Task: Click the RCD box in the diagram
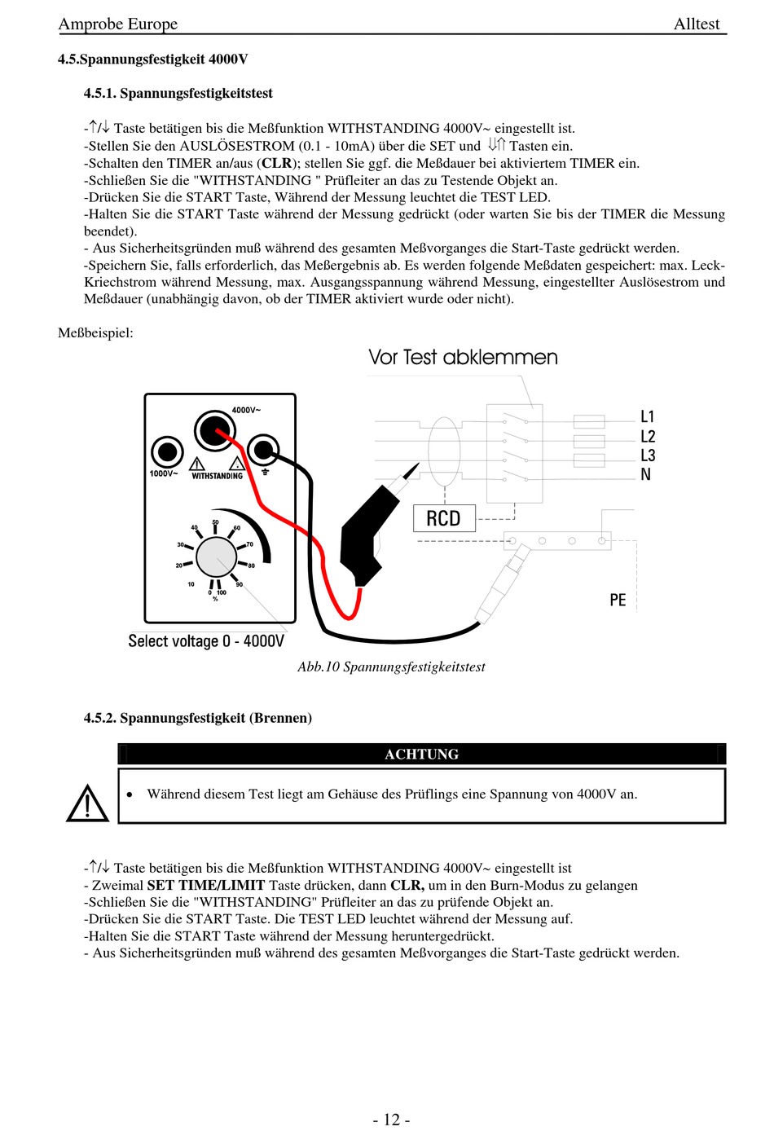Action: pos(443,518)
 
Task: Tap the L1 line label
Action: pos(648,416)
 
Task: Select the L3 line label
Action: pos(648,455)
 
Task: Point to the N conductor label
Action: pos(645,474)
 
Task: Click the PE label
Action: pos(618,601)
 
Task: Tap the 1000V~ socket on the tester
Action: pos(168,451)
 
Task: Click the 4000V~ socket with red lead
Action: pos(213,429)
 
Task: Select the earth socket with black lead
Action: pos(263,450)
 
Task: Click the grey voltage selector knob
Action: pos(216,557)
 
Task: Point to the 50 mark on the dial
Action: pos(215,522)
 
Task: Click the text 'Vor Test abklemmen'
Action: pos(463,357)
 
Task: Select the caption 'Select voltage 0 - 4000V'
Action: pos(206,641)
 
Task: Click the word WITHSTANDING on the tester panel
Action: pos(217,476)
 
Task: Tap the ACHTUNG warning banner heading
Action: pos(421,755)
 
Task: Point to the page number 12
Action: pos(391,1120)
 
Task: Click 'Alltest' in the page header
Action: pos(697,24)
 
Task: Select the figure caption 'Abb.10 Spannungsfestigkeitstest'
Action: pos(391,667)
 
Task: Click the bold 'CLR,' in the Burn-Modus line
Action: pos(407,885)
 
